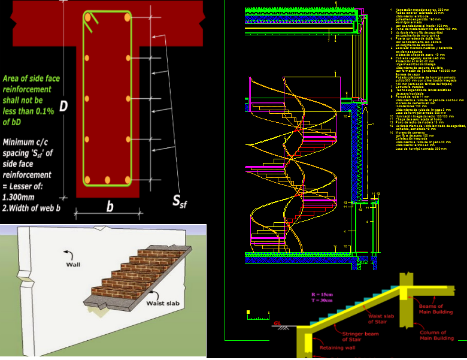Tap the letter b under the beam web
coord(110,207)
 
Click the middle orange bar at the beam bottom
coord(108,180)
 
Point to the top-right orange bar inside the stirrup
coord(128,18)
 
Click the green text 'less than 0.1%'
coord(30,111)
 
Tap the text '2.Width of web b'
coord(32,208)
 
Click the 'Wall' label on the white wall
coord(74,264)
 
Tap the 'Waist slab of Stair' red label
coord(381,320)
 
